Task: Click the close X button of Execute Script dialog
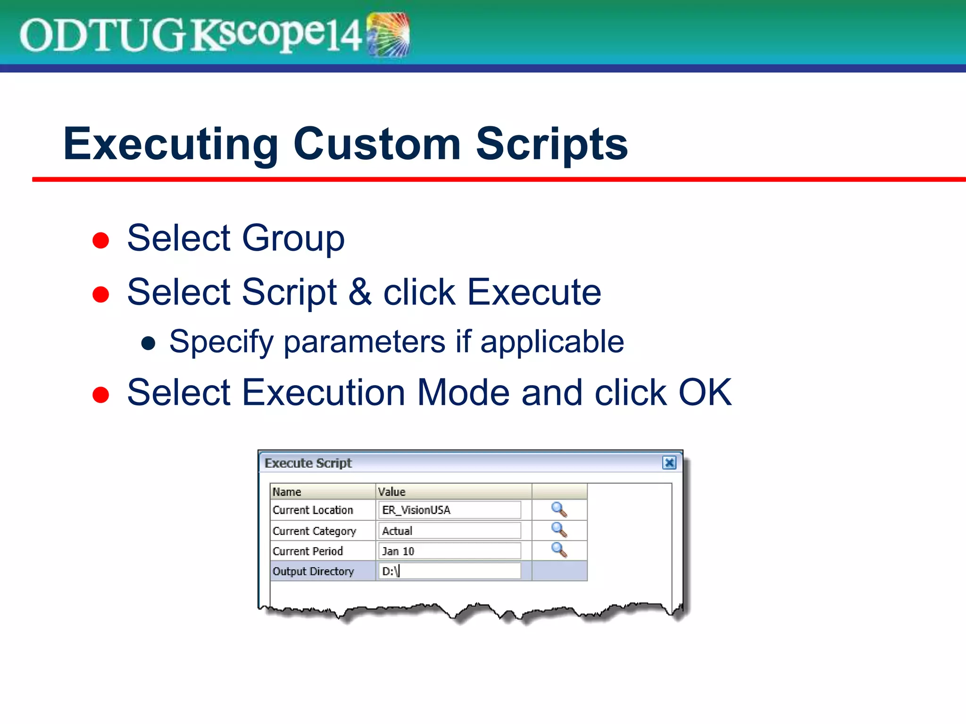click(x=669, y=463)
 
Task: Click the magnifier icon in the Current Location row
click(x=559, y=510)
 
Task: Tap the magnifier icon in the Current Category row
click(x=559, y=530)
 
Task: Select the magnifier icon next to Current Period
click(x=559, y=550)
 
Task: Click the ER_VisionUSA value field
click(x=450, y=510)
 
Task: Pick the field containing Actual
click(x=450, y=531)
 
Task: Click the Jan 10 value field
click(x=450, y=551)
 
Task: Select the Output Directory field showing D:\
click(x=450, y=571)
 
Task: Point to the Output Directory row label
click(x=313, y=571)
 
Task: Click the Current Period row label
click(x=308, y=551)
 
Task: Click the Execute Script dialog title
click(x=308, y=463)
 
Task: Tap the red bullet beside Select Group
click(x=100, y=240)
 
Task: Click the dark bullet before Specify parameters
click(x=149, y=344)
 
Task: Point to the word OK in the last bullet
click(x=705, y=392)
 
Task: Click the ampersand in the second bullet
click(x=360, y=292)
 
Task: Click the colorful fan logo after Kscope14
click(x=388, y=34)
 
